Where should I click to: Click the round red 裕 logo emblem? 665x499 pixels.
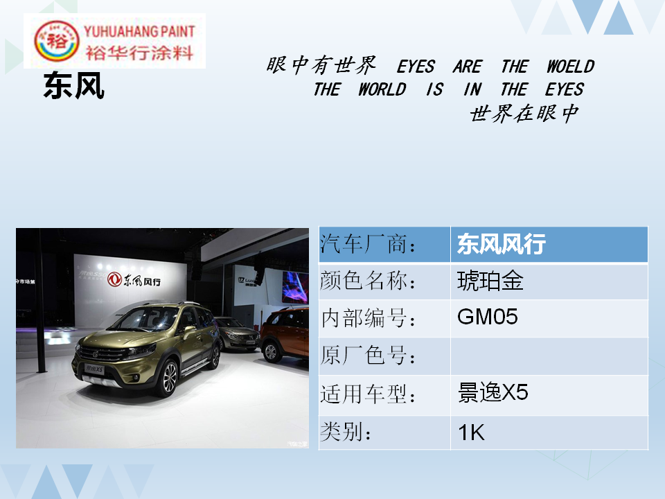tap(56, 41)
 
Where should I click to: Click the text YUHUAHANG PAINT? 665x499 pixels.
tap(139, 31)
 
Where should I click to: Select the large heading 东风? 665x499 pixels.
tap(74, 86)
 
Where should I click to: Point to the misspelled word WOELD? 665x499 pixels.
tap(570, 67)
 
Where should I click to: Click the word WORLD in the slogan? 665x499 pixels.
tap(382, 89)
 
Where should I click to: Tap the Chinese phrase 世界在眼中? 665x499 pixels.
tap(524, 114)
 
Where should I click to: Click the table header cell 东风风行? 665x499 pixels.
tap(549, 244)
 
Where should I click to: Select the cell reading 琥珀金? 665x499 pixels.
tap(549, 281)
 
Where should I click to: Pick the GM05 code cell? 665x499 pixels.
tap(549, 318)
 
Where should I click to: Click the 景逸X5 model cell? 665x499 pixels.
tap(549, 394)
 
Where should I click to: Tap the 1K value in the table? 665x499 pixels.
tap(549, 432)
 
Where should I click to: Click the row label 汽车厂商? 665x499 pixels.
tap(368, 244)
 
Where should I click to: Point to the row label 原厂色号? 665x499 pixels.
tap(368, 356)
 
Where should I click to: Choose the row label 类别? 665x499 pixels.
tap(346, 432)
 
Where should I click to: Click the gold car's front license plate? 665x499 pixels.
tap(94, 369)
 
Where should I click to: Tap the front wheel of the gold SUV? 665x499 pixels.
tap(168, 377)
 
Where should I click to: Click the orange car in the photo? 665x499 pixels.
tap(284, 334)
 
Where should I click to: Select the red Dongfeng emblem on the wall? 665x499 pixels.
tap(114, 279)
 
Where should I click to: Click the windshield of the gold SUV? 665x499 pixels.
tap(146, 319)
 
